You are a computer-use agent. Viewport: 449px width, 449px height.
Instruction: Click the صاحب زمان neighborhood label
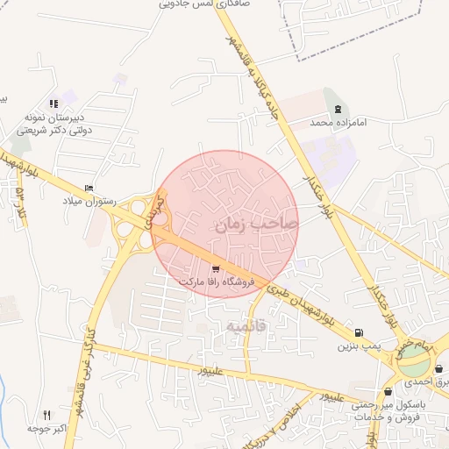click(x=254, y=224)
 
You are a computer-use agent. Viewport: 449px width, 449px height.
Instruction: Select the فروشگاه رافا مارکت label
click(x=216, y=282)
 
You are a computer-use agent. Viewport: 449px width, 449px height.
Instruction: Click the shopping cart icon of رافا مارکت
click(x=216, y=267)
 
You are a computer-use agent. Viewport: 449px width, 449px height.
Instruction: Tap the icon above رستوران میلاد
click(x=89, y=189)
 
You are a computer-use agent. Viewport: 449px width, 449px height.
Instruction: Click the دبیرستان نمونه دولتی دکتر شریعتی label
click(x=56, y=124)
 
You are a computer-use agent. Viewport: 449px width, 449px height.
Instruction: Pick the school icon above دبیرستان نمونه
click(x=54, y=103)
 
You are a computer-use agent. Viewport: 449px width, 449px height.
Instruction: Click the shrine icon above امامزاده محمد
click(x=338, y=109)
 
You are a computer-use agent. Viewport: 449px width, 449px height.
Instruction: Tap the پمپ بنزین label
click(x=358, y=346)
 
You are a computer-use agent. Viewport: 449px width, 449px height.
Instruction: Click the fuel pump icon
click(x=358, y=332)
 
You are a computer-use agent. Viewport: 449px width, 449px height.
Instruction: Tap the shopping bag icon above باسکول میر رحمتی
click(x=388, y=391)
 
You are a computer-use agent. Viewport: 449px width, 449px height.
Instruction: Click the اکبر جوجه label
click(x=48, y=431)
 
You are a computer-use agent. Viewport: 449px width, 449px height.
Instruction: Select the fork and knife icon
click(x=47, y=415)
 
